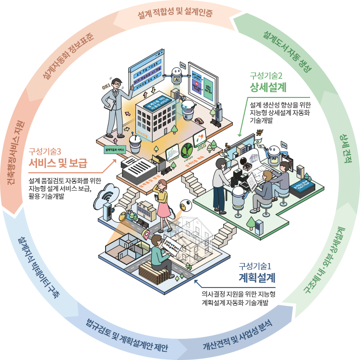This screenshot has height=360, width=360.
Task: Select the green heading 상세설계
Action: (268, 87)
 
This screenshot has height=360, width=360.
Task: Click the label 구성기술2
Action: (266, 75)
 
